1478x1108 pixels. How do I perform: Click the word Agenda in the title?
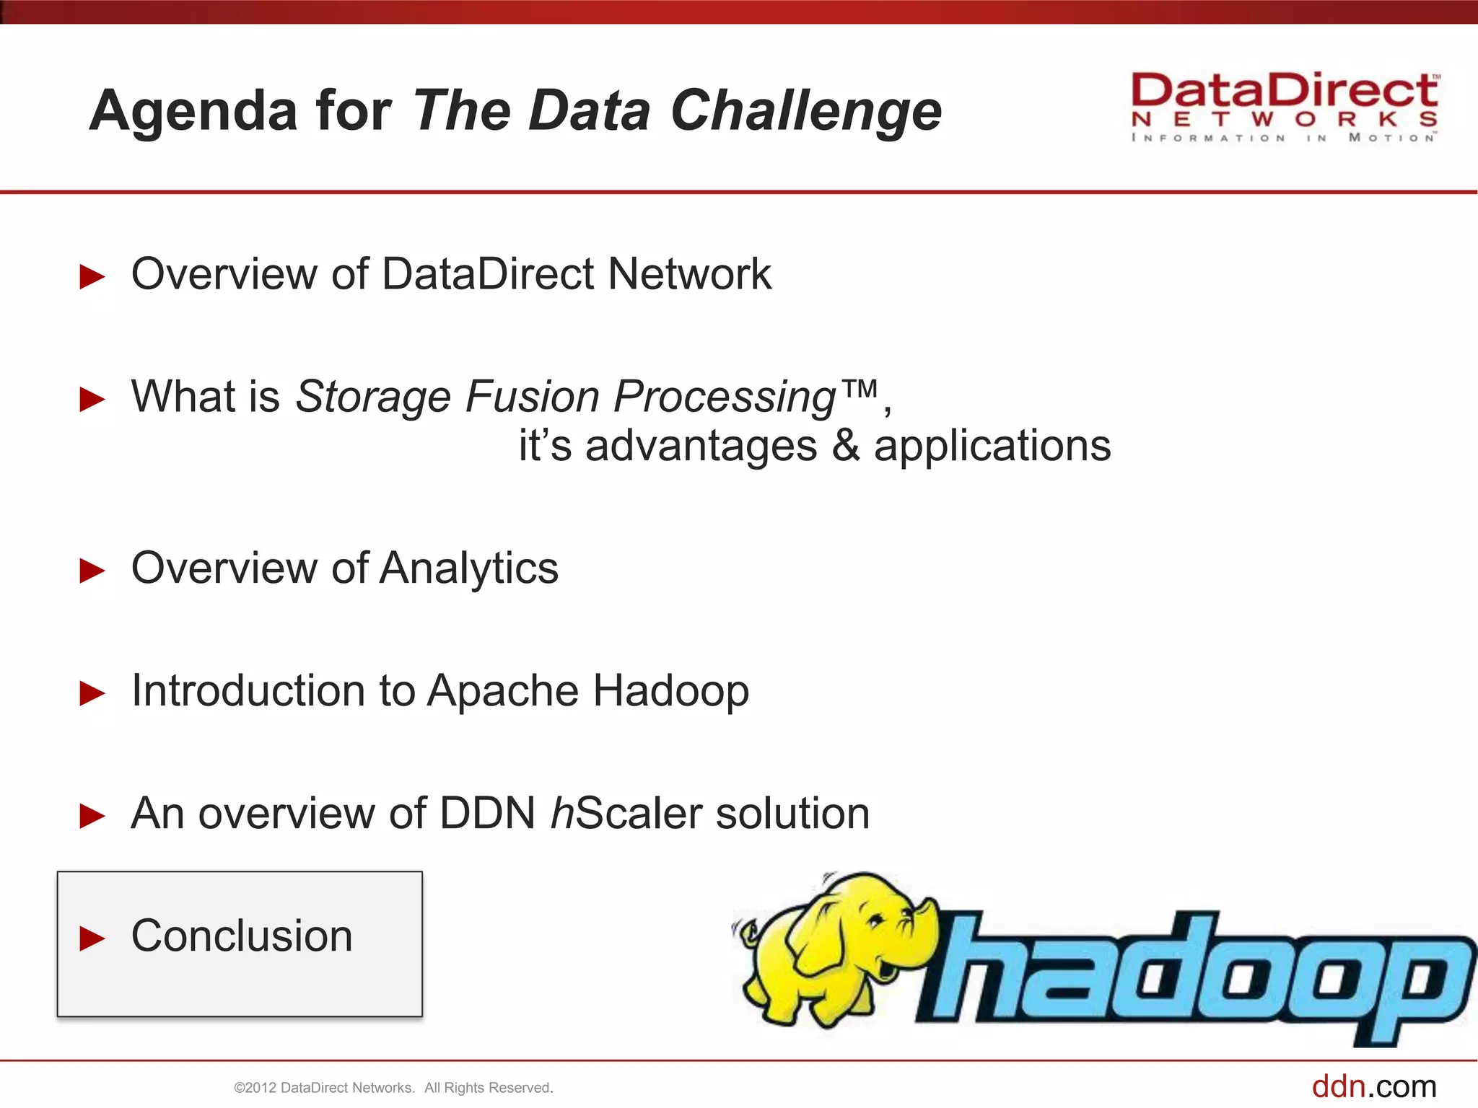tap(193, 112)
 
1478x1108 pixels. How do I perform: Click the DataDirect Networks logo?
tap(1285, 107)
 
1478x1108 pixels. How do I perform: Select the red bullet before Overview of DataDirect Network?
tap(92, 277)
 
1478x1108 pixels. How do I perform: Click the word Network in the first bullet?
tap(689, 275)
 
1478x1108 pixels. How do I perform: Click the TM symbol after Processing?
tap(860, 390)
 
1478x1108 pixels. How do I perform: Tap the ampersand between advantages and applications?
tap(845, 446)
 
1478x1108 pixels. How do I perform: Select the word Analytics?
tap(469, 568)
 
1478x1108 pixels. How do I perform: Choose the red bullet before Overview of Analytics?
tap(92, 571)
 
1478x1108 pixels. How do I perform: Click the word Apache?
tap(503, 692)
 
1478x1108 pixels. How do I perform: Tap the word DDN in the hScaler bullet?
tap(487, 814)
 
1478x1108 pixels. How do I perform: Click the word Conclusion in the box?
tap(242, 936)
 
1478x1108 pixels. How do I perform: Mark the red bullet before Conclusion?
tap(92, 938)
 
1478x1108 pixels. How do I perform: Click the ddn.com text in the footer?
tap(1373, 1086)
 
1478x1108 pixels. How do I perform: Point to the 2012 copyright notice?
tap(393, 1088)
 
